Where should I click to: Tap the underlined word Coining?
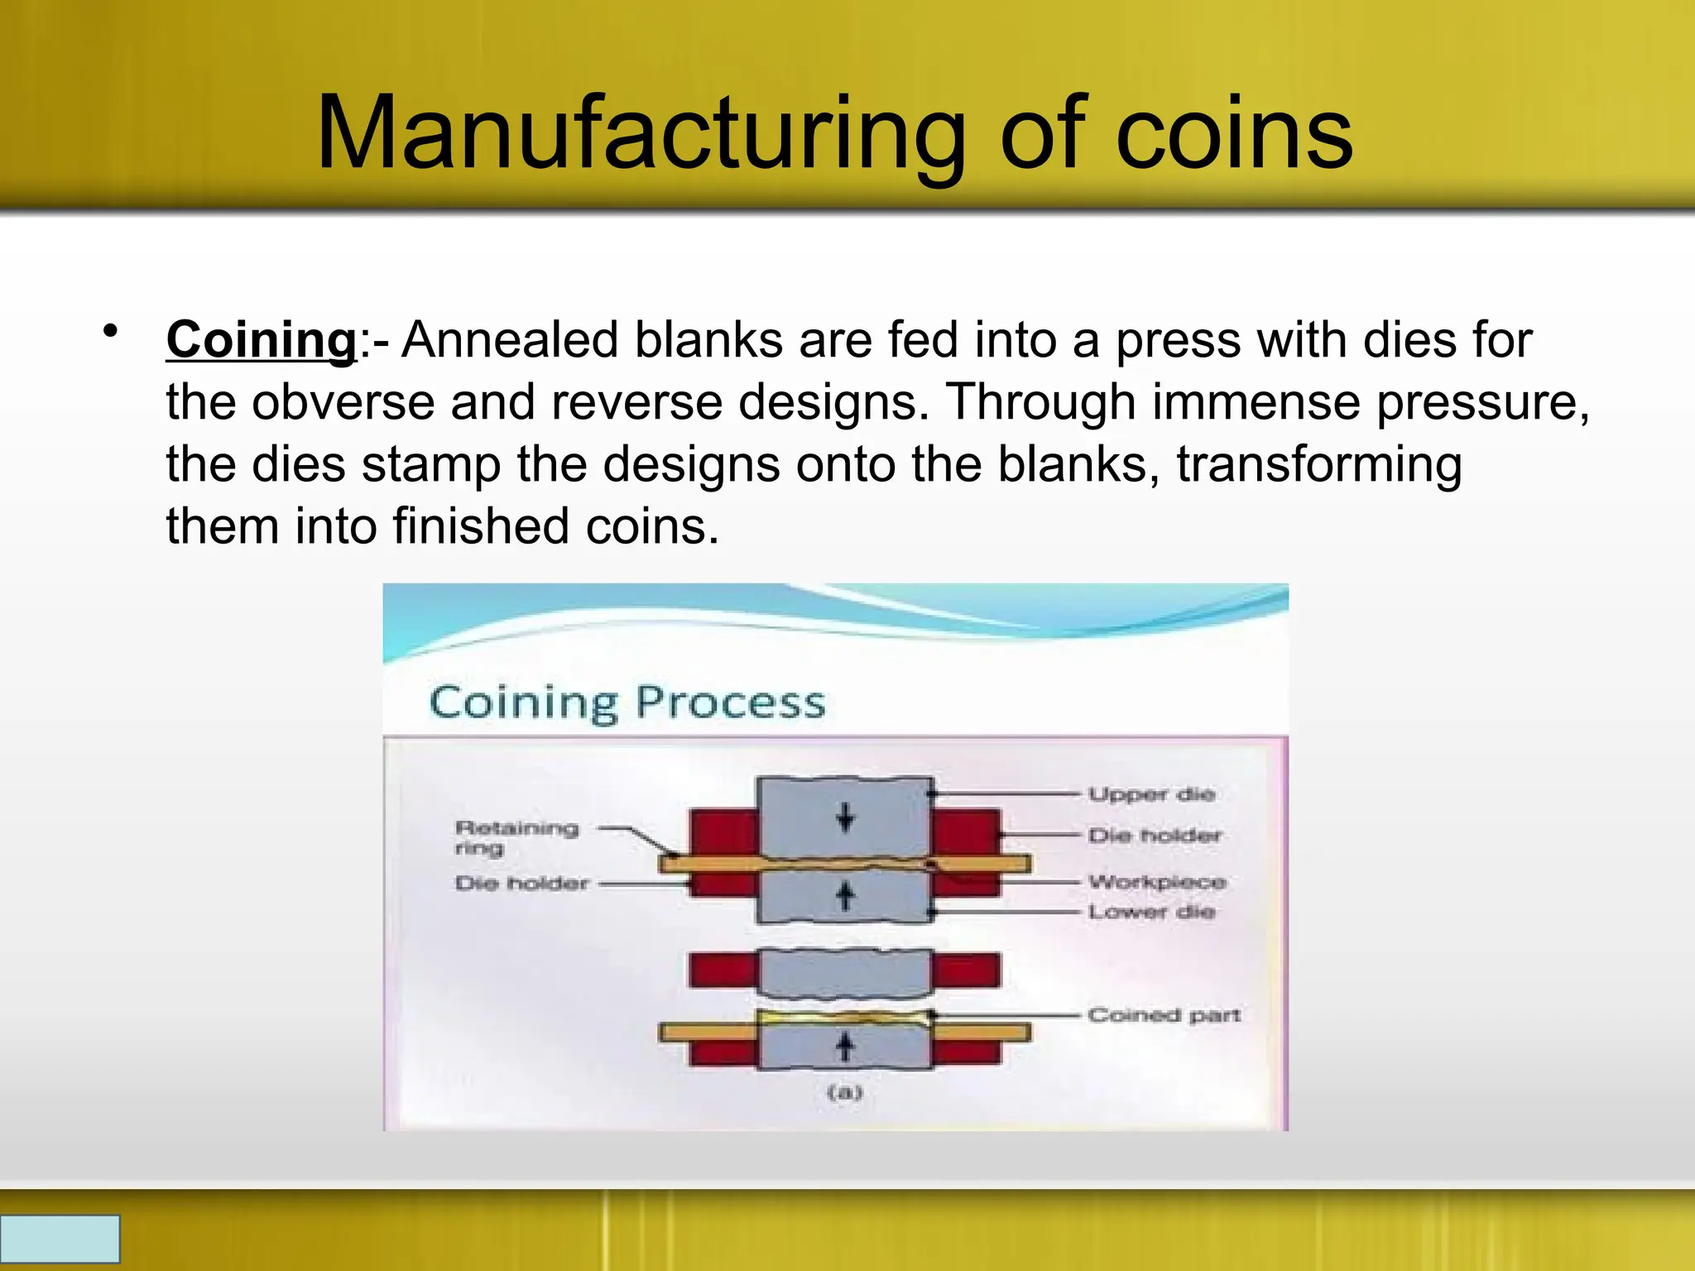(x=262, y=340)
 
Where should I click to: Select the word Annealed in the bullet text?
(x=510, y=340)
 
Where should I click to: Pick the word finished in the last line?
(x=481, y=526)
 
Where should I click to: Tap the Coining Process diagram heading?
(x=627, y=703)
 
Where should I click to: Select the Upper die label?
(x=1152, y=794)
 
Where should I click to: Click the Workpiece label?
(x=1157, y=882)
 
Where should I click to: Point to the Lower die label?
(x=1152, y=912)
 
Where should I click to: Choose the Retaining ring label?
(x=516, y=837)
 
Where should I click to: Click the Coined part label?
(x=1164, y=1015)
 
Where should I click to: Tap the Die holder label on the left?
(x=521, y=884)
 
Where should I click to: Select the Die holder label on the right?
(x=1155, y=836)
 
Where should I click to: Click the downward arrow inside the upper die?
(x=845, y=818)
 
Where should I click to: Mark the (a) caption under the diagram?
(x=845, y=1092)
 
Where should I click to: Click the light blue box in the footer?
(x=60, y=1239)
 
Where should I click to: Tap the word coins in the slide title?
(x=1233, y=134)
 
